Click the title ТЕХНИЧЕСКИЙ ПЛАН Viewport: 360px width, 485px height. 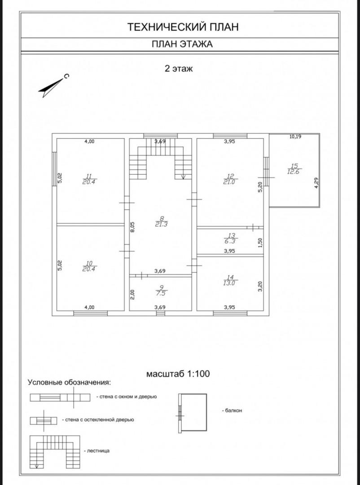click(183, 27)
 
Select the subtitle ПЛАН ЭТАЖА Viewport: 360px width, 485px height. click(182, 44)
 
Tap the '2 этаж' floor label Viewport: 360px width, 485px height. click(179, 68)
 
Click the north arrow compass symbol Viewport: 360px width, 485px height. click(52, 86)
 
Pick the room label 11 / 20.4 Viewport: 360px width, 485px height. click(90, 179)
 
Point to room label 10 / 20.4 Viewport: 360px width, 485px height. click(90, 266)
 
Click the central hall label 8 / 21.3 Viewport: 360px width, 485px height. click(161, 222)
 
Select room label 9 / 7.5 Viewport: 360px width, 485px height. click(161, 291)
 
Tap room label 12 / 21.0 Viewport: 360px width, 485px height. click(231, 179)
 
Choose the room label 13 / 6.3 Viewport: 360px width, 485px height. click(231, 238)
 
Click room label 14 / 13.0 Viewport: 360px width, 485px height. click(231, 280)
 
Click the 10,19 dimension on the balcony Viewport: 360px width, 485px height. click(295, 137)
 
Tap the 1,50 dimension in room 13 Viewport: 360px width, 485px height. click(260, 242)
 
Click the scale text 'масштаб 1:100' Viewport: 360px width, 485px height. click(178, 374)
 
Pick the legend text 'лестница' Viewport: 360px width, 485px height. click(98, 451)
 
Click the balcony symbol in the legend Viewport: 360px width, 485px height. click(193, 413)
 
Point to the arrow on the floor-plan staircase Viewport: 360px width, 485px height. click(183, 176)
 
